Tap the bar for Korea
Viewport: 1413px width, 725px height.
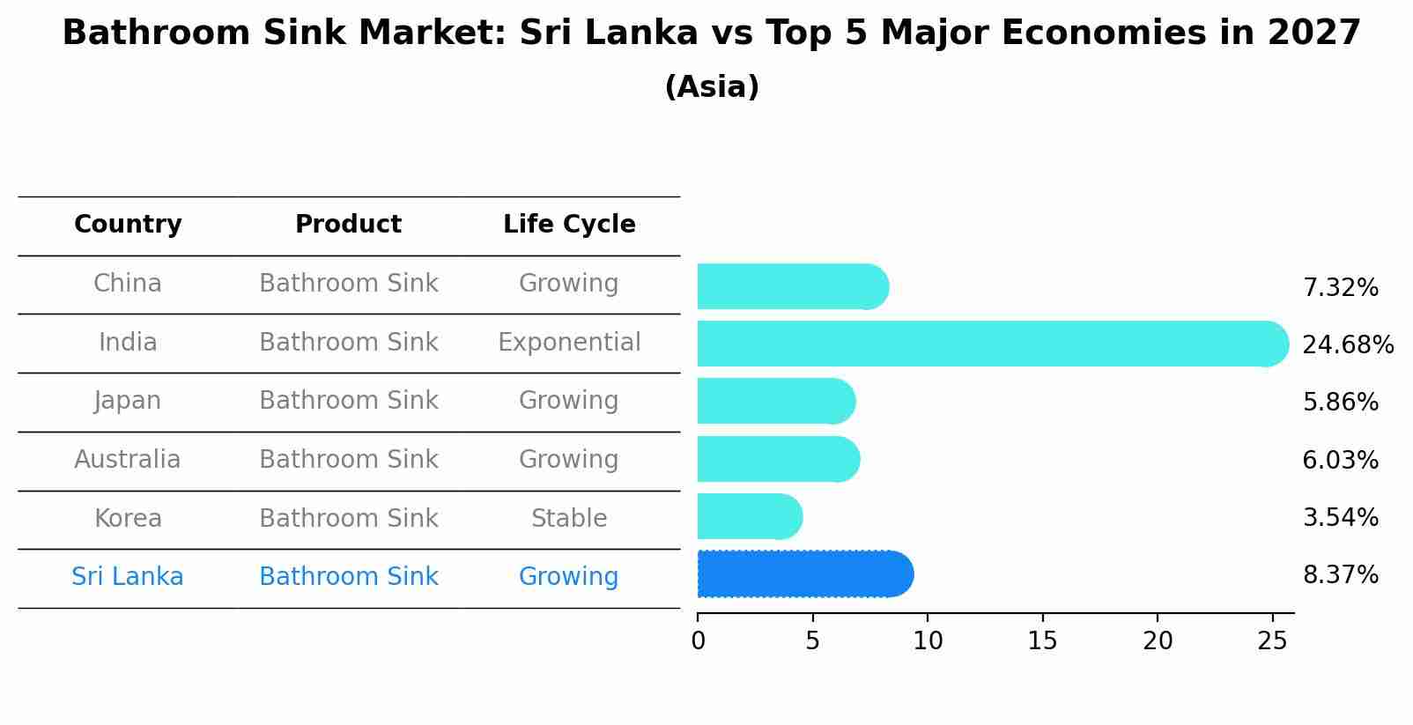(749, 517)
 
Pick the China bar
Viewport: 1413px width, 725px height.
(791, 287)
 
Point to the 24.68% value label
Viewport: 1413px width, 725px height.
(1347, 344)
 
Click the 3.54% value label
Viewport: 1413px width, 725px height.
(1340, 517)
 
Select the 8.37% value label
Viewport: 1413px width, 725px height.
(1340, 575)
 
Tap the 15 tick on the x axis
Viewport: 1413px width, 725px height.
(1042, 641)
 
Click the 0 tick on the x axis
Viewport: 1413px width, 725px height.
(698, 641)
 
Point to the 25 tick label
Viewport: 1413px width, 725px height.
(1272, 641)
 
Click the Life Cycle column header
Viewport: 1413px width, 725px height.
(569, 225)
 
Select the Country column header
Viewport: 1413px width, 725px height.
(128, 225)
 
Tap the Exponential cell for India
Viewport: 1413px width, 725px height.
(569, 343)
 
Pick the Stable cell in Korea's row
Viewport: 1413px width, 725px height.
(569, 519)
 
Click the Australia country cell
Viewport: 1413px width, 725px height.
(128, 460)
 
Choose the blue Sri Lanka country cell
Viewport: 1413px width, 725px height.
(128, 577)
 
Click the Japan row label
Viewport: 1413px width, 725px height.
(128, 401)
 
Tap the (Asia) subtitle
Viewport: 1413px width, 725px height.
(712, 87)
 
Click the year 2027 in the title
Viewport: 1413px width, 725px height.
(1313, 33)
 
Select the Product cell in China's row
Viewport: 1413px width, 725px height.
(349, 284)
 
